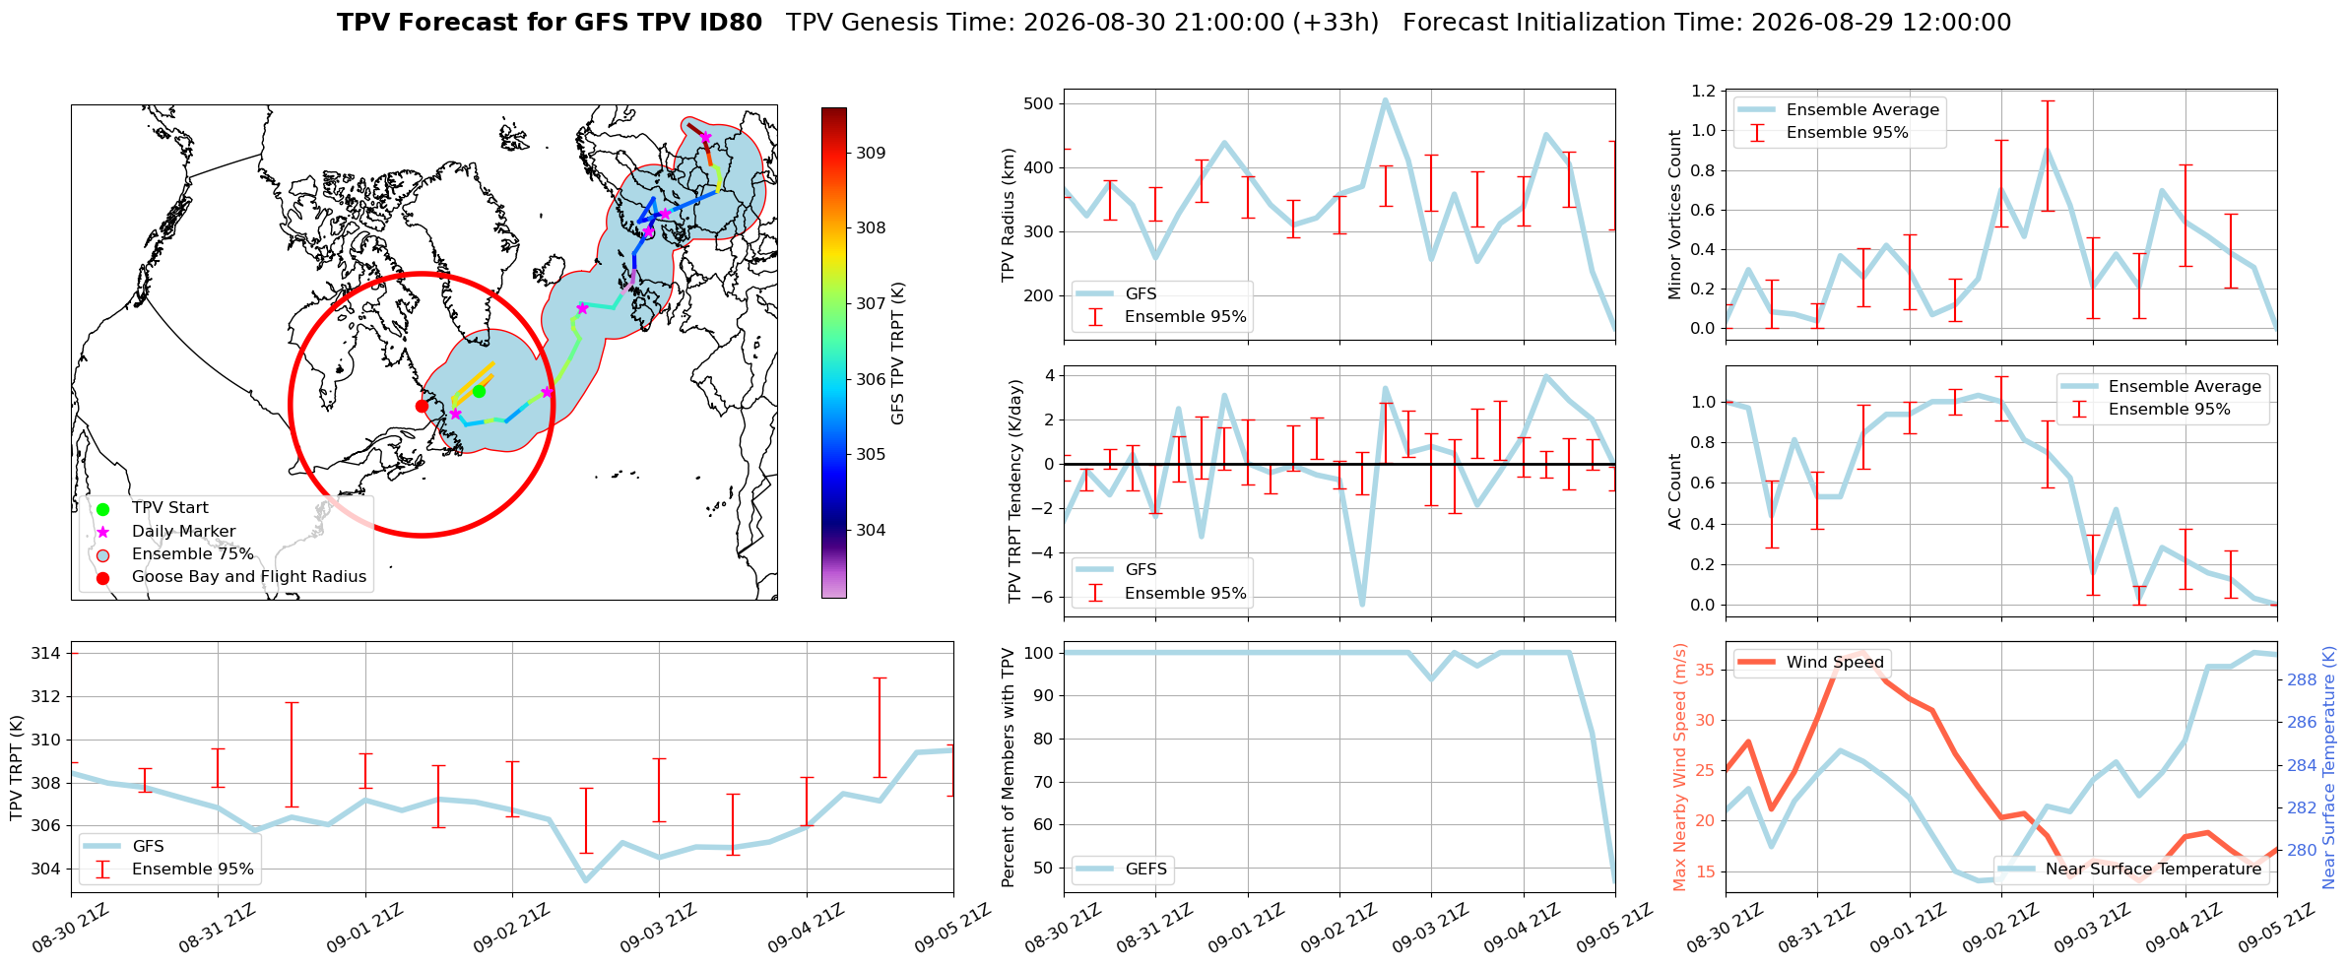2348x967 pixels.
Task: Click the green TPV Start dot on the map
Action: [x=479, y=391]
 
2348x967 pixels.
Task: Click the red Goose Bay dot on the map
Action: [x=422, y=406]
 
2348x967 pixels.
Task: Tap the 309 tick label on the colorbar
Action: [x=871, y=153]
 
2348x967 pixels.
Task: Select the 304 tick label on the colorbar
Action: [x=871, y=530]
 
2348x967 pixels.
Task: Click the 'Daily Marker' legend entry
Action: [x=183, y=531]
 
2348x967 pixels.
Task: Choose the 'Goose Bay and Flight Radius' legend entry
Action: [x=248, y=576]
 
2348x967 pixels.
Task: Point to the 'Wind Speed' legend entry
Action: [x=1835, y=662]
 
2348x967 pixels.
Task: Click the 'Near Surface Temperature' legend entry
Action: [x=2153, y=869]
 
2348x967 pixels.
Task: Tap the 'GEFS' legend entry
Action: [x=1146, y=869]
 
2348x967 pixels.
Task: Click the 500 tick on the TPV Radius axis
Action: [x=1039, y=103]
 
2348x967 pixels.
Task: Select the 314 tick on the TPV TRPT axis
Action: [x=46, y=653]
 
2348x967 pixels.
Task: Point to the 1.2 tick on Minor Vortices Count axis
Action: [x=1703, y=91]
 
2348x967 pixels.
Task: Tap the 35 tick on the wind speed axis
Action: [x=1706, y=670]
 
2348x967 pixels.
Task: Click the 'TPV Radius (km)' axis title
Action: [x=1008, y=215]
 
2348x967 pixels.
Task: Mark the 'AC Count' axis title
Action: [x=1674, y=491]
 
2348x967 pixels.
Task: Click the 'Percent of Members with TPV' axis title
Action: [x=1008, y=767]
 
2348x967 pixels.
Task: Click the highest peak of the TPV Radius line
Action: [x=1385, y=99]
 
